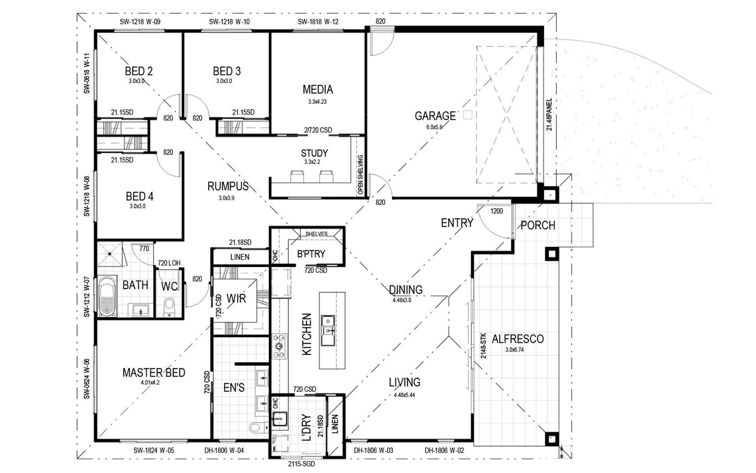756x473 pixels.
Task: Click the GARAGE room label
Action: click(435, 116)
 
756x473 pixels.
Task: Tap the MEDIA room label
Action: click(318, 89)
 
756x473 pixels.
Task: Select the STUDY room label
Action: click(314, 153)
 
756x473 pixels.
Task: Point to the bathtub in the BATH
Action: click(107, 296)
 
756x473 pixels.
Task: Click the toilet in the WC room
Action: click(169, 307)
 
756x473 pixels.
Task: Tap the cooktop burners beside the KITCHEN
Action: click(279, 346)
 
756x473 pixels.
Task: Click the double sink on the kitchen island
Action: click(328, 330)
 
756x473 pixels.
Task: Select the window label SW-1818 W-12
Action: click(318, 22)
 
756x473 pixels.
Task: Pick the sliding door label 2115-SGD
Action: click(301, 464)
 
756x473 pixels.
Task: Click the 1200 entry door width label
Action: click(497, 211)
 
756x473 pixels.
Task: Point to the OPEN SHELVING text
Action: click(360, 174)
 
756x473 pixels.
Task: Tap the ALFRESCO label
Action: click(518, 339)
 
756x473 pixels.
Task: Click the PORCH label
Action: click(538, 225)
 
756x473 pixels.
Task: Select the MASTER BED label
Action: click(154, 372)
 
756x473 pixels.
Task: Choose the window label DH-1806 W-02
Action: click(444, 451)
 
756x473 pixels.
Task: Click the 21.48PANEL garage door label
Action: click(549, 114)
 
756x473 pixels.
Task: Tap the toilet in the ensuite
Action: click(256, 427)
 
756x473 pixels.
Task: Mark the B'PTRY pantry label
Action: click(311, 254)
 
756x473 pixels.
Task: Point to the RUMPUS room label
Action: click(228, 186)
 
